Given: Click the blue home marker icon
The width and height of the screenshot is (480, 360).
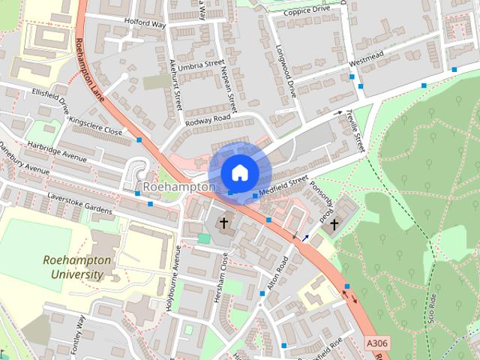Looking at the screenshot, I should click(238, 172).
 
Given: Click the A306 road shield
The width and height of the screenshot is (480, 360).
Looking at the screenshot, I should click(378, 343).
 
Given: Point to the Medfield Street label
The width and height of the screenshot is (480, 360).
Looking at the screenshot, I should click(284, 185).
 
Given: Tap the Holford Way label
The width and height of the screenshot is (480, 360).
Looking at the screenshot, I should click(144, 22).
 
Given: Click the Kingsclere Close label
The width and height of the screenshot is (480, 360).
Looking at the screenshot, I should click(94, 123).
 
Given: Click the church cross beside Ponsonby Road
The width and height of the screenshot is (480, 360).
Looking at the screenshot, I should click(334, 223).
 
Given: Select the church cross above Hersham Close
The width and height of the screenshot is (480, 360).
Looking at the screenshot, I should click(223, 223).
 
